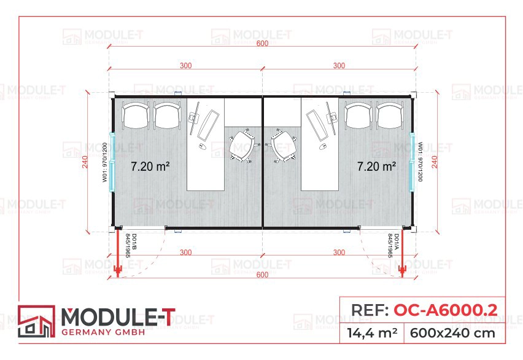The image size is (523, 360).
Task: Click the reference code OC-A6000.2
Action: tap(446, 310)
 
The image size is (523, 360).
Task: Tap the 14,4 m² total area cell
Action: tap(372, 333)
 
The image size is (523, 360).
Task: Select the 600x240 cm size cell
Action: tap(452, 334)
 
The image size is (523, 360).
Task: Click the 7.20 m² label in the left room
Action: tap(150, 166)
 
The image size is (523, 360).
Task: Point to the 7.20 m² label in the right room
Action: tap(376, 166)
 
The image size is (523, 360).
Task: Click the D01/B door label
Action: tap(131, 246)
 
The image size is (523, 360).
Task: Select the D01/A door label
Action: tap(393, 246)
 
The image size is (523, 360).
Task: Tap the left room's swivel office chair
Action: tap(242, 145)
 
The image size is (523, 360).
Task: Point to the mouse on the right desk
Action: tap(322, 146)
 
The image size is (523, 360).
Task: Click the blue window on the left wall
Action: tap(112, 162)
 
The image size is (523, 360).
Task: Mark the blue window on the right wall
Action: tap(413, 162)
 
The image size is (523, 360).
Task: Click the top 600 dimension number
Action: tap(262, 43)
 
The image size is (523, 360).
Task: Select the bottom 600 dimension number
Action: tap(262, 275)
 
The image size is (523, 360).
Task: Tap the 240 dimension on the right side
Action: tap(434, 162)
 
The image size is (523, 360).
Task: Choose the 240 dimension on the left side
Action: tap(85, 162)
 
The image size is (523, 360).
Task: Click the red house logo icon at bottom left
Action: tap(36, 321)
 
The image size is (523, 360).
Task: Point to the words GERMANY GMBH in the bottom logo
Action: tap(103, 332)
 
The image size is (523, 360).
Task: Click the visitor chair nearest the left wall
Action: tap(136, 115)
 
